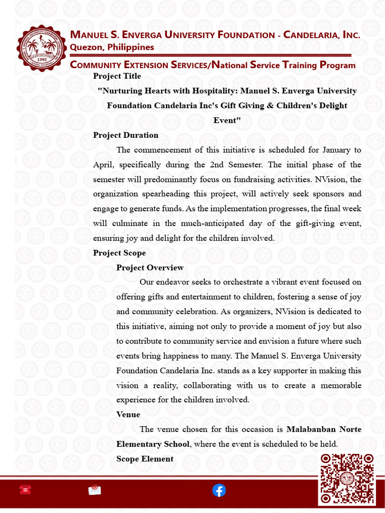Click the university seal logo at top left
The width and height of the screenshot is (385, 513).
pyautogui.click(x=42, y=48)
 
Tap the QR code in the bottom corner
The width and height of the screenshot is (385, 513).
pyautogui.click(x=347, y=479)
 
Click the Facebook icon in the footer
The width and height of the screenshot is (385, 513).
pyautogui.click(x=219, y=490)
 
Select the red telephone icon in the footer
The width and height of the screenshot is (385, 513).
pyautogui.click(x=25, y=490)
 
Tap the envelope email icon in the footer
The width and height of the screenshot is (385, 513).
pyautogui.click(x=94, y=490)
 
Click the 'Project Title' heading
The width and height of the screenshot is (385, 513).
pyautogui.click(x=117, y=76)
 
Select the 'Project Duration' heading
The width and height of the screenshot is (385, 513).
pyautogui.click(x=125, y=135)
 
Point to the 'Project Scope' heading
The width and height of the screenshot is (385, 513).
pyautogui.click(x=119, y=253)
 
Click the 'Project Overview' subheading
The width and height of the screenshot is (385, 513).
pyautogui.click(x=150, y=268)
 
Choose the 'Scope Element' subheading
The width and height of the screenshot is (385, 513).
pyautogui.click(x=145, y=459)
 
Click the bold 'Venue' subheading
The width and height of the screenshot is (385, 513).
pyautogui.click(x=128, y=415)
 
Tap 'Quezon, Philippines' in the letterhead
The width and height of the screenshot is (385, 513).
pyautogui.click(x=112, y=47)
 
